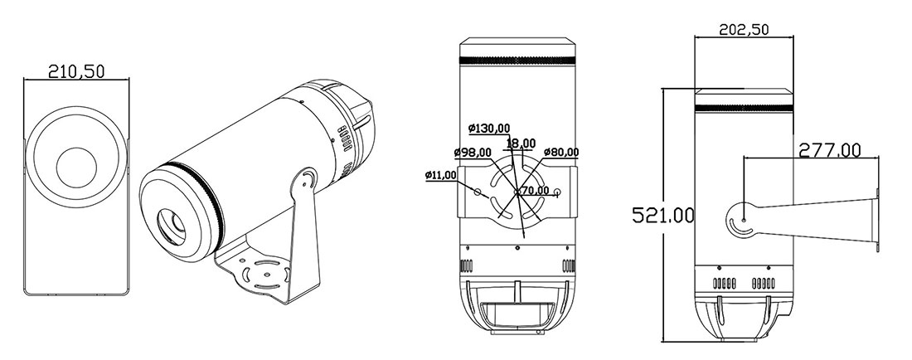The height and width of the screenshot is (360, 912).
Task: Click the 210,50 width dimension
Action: click(75, 72)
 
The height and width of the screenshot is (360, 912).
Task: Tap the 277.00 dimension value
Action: click(829, 150)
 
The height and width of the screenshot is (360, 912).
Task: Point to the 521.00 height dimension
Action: click(663, 216)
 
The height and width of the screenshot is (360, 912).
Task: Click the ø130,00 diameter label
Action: click(488, 129)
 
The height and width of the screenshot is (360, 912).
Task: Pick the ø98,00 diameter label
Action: click(473, 152)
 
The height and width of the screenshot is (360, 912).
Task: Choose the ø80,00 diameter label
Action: click(561, 152)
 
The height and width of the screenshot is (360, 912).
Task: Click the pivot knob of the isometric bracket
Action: click(306, 179)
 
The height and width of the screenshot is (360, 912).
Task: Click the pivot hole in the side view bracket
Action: click(744, 220)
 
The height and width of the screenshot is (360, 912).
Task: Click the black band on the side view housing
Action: click(744, 109)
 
